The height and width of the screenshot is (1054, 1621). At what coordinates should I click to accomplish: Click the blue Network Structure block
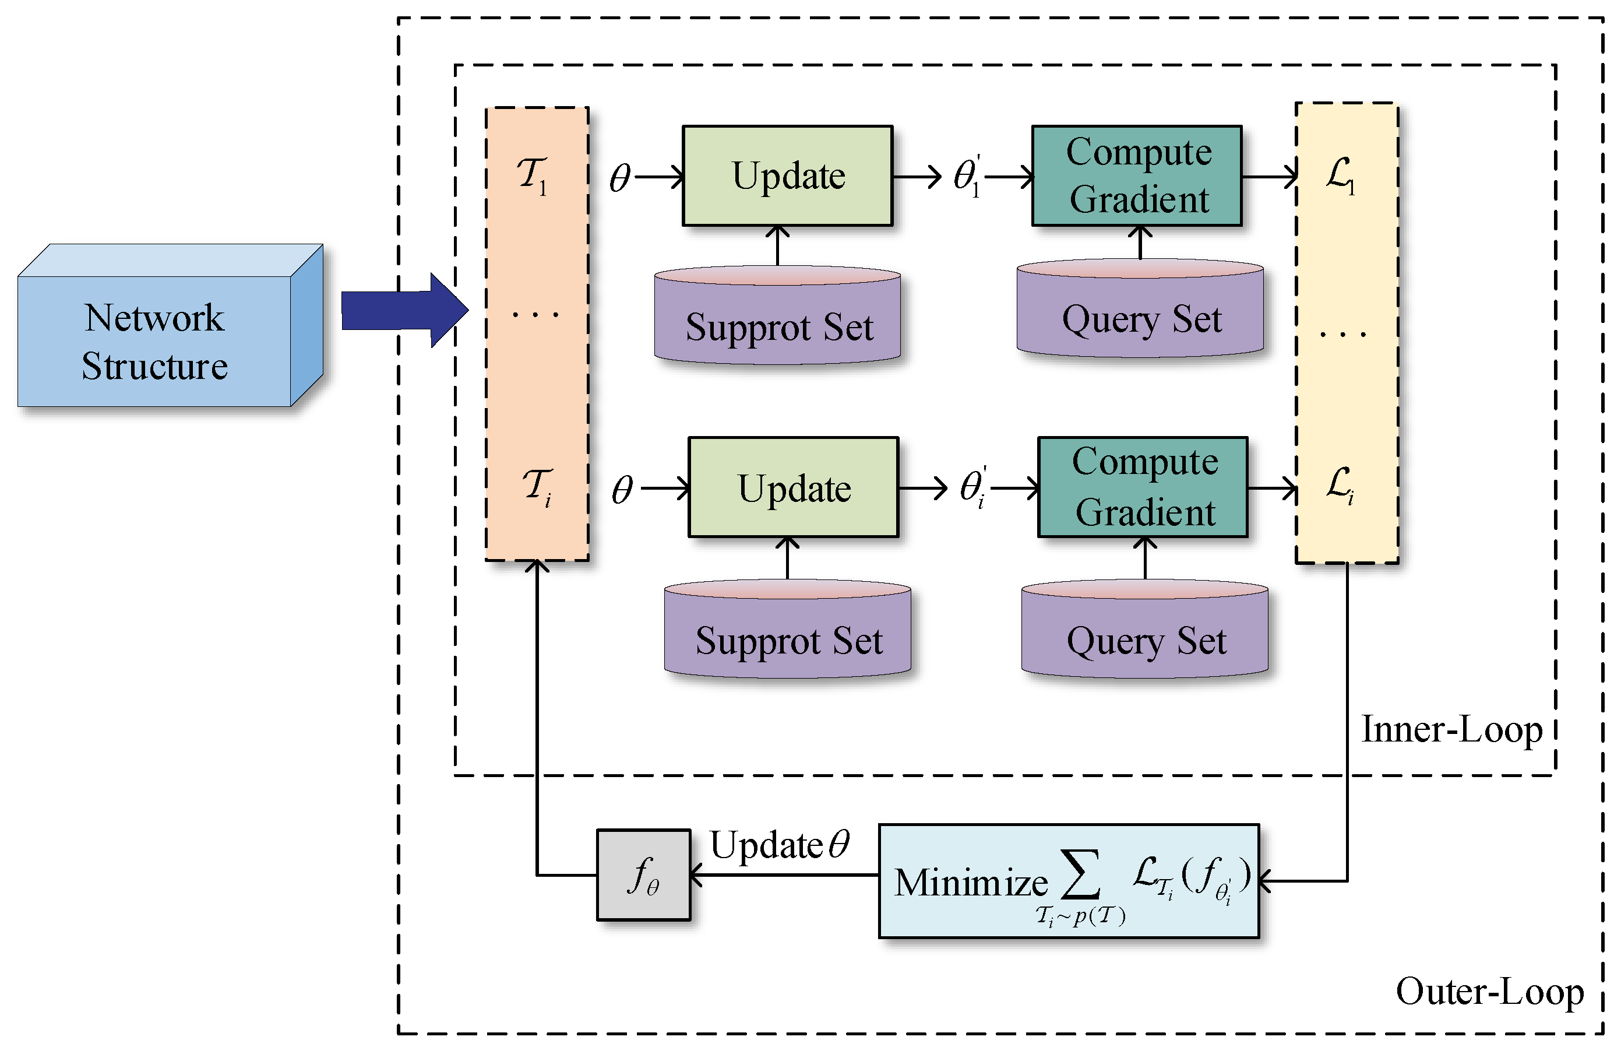[170, 326]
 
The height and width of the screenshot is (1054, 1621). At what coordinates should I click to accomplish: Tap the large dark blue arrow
[404, 311]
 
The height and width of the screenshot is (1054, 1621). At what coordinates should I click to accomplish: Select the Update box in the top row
[787, 176]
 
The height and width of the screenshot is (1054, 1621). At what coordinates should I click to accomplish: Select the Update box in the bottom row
[794, 487]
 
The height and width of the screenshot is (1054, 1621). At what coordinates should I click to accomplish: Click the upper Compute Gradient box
[1137, 176]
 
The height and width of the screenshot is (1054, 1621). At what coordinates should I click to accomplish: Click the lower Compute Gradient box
[1143, 487]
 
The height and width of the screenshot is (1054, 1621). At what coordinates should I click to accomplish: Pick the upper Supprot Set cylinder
[778, 315]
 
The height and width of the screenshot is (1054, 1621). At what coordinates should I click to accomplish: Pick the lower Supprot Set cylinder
[787, 629]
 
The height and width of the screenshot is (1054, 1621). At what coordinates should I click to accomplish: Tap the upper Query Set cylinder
[1140, 308]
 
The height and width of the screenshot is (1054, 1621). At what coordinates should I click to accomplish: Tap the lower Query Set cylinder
[1145, 629]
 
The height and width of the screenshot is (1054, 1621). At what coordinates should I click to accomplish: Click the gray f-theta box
[644, 875]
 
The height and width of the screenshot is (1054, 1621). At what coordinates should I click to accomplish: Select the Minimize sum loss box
[1069, 881]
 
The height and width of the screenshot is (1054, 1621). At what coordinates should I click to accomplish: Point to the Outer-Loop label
[1489, 993]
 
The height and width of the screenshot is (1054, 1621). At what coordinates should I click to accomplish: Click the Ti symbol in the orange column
[537, 487]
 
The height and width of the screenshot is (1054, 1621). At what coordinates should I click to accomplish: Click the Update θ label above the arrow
[780, 845]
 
